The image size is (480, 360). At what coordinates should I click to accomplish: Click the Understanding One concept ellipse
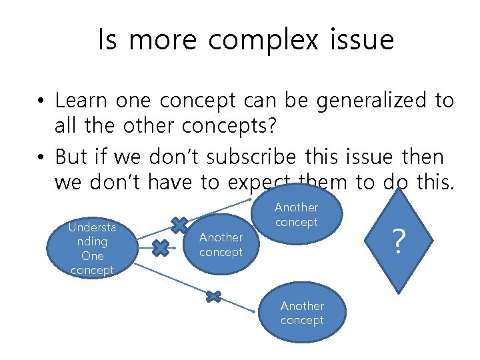pos(92,249)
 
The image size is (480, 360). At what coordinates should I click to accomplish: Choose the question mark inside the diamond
pos(398,241)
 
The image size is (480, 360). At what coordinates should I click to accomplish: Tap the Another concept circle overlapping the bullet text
pos(296,215)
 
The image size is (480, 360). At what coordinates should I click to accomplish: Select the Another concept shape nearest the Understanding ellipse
pos(221,244)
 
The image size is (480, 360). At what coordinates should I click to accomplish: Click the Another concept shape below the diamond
pos(302,313)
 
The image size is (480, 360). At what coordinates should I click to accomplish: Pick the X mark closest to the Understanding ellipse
pos(160,248)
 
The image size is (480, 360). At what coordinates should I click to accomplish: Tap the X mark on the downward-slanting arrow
pos(213,296)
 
